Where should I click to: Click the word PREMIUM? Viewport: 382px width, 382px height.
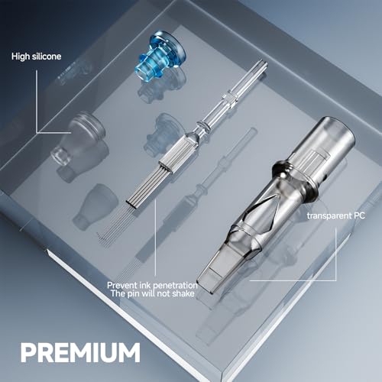pos(81,352)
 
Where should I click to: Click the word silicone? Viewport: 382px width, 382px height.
pos(47,56)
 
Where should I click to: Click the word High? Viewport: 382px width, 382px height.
pos(21,56)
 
